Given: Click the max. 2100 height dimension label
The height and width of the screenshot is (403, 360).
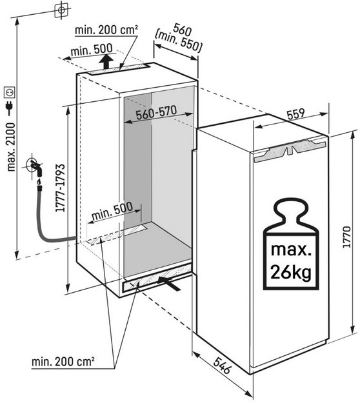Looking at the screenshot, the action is (12, 147).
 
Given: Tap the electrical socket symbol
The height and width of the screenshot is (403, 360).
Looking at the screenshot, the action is (10, 92).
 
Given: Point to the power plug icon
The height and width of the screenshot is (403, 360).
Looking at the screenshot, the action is (10, 108).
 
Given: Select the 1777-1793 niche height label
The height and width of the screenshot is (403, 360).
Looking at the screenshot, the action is (61, 188).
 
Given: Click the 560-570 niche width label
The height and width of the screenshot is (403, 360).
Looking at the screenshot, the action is (156, 113).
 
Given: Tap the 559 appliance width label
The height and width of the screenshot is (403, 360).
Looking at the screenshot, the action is (296, 115).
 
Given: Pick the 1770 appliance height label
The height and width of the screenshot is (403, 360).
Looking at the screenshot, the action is (346, 237).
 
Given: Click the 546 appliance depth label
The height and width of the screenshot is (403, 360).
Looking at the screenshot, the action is (222, 366).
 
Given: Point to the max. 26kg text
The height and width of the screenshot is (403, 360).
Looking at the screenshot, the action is (291, 262).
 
